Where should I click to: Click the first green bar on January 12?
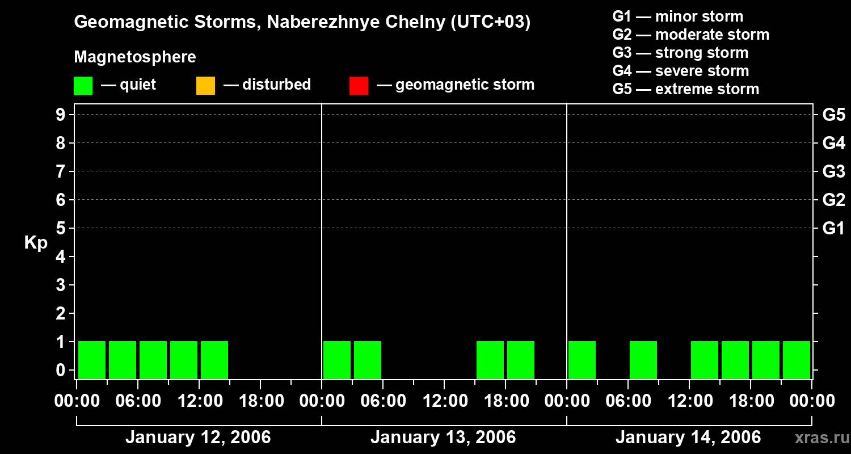[x=92, y=360]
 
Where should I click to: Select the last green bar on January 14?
[x=797, y=360]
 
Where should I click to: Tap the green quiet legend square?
[x=83, y=85]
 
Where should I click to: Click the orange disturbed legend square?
[x=205, y=85]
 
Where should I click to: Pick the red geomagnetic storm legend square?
[x=359, y=85]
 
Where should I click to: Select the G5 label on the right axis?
[x=833, y=115]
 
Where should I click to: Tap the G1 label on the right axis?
[x=833, y=228]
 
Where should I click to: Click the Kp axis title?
[x=36, y=243]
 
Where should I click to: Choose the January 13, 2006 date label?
[x=443, y=437]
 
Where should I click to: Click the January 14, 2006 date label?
[x=688, y=437]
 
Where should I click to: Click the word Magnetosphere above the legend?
[x=135, y=57]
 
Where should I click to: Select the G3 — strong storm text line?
[x=680, y=53]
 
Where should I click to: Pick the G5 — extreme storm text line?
[x=685, y=89]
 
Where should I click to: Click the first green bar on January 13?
[x=337, y=360]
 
